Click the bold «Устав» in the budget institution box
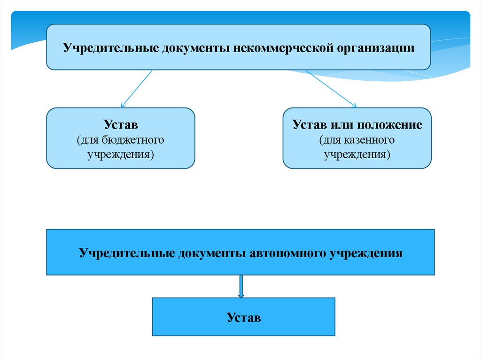(121, 125)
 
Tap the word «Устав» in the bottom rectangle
(243, 318)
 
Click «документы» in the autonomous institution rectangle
(208, 253)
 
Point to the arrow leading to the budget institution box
(136, 89)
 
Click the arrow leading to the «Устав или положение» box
(331, 88)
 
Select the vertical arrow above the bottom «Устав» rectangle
(241, 286)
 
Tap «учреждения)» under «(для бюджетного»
(121, 154)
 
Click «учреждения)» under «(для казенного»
(357, 154)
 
